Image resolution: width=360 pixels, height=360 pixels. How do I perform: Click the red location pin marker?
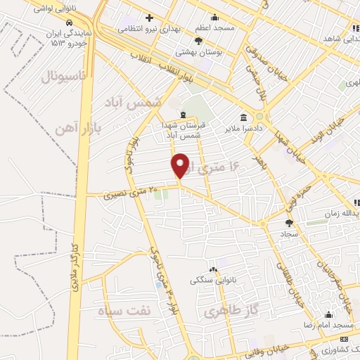pos(181,165)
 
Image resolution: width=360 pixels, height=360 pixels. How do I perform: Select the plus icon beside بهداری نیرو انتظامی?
pos(149,18)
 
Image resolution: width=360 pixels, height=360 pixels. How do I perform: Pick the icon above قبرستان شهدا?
pos(183,115)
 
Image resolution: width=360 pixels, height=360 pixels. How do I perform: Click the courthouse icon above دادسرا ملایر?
pos(244,118)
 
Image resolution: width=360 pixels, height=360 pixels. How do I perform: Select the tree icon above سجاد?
pos(289,223)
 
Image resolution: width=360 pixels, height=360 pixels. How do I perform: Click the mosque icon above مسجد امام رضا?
pos(328,314)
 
